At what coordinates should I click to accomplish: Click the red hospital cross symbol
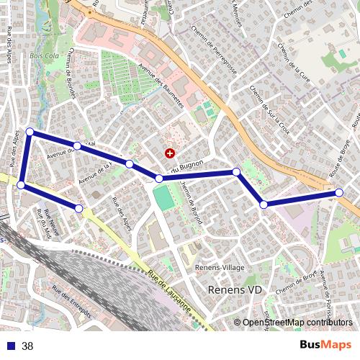coord(170,153)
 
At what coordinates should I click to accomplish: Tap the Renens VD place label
coord(233,289)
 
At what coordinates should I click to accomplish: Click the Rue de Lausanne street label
coord(170,291)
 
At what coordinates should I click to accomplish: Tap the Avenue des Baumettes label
coord(161,86)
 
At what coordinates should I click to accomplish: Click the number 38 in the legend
coord(27,346)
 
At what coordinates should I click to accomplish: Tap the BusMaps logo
coord(325,346)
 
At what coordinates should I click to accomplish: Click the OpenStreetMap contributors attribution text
coord(297,323)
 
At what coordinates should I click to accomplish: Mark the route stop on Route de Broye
coord(339,192)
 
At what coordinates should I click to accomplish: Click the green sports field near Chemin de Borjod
coord(164,198)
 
